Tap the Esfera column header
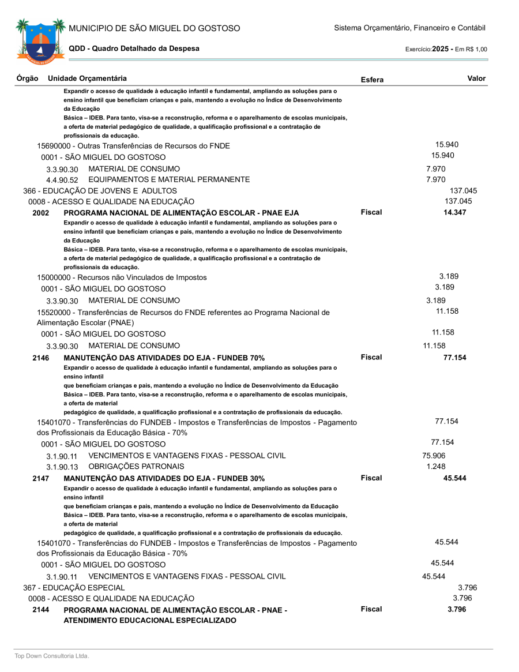[x=372, y=80]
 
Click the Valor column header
[x=476, y=78]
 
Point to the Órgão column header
[x=28, y=78]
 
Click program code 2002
[x=41, y=213]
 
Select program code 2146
[x=41, y=358]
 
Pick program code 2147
[x=41, y=478]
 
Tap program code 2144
[x=41, y=610]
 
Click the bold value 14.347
[x=455, y=212]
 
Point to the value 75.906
[x=434, y=456]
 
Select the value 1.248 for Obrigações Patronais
[x=436, y=466]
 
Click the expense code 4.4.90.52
[x=62, y=180]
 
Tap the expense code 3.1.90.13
[x=62, y=467]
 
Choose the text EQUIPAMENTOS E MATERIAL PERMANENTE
[x=169, y=179]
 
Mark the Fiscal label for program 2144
[x=371, y=609]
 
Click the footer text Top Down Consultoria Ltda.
[x=52, y=656]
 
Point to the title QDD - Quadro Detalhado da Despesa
[x=134, y=48]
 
